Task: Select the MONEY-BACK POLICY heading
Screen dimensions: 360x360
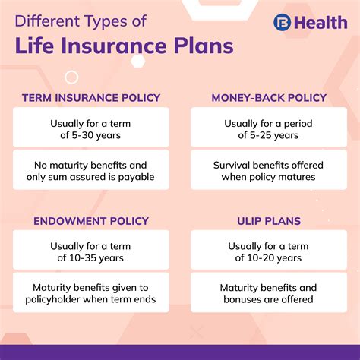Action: coord(268,98)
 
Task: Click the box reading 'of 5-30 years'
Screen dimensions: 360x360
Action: coord(90,128)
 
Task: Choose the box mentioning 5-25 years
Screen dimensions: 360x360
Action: coord(268,128)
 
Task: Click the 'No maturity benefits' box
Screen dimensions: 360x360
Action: coord(90,171)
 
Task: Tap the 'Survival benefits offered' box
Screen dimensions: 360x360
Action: coord(268,171)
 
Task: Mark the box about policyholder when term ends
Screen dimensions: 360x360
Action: coord(90,294)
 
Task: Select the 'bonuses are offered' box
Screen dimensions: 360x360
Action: coord(268,294)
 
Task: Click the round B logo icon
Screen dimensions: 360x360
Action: coord(283,23)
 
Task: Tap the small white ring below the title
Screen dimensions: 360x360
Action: coord(71,76)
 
